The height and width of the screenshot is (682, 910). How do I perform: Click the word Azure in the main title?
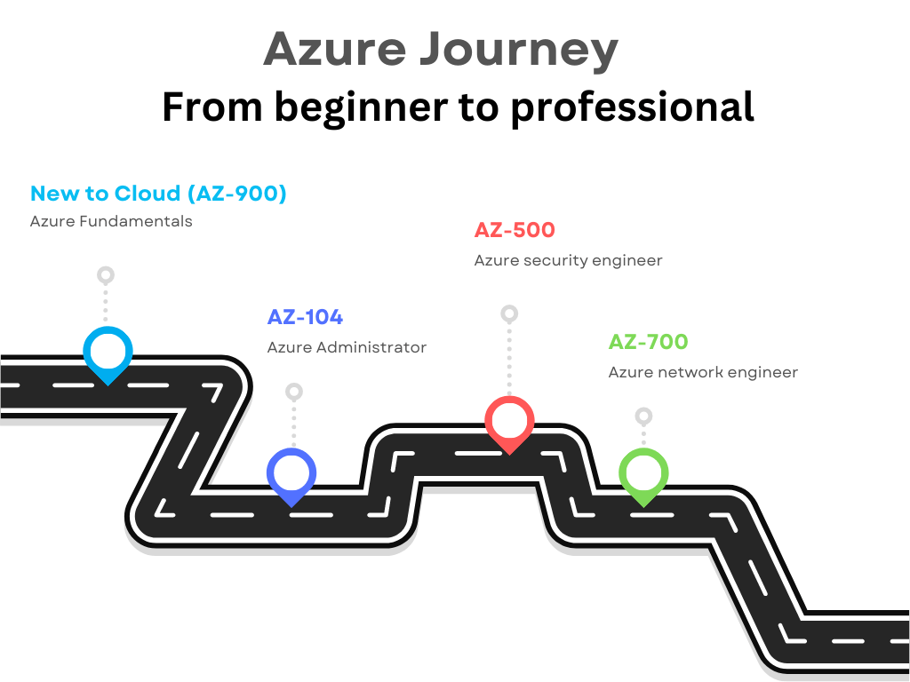tap(334, 50)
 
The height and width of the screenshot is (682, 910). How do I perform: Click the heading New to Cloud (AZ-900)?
tap(158, 194)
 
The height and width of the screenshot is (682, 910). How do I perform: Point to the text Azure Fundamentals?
tap(111, 221)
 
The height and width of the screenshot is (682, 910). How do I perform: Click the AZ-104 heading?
tap(305, 317)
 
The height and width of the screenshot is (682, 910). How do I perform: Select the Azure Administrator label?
tap(347, 347)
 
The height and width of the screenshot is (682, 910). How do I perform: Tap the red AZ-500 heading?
tap(515, 230)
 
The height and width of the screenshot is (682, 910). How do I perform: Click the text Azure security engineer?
tap(568, 260)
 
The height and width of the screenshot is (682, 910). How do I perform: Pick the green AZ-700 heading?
tap(648, 342)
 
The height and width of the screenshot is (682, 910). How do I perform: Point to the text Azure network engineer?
tap(703, 372)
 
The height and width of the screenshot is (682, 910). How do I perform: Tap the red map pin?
tap(509, 421)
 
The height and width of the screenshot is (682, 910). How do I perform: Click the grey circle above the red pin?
tap(509, 313)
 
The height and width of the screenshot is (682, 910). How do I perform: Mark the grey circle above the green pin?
tap(644, 416)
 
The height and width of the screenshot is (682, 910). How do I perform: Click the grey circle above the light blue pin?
tap(106, 274)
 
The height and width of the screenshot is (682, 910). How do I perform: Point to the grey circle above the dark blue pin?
tap(294, 391)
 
